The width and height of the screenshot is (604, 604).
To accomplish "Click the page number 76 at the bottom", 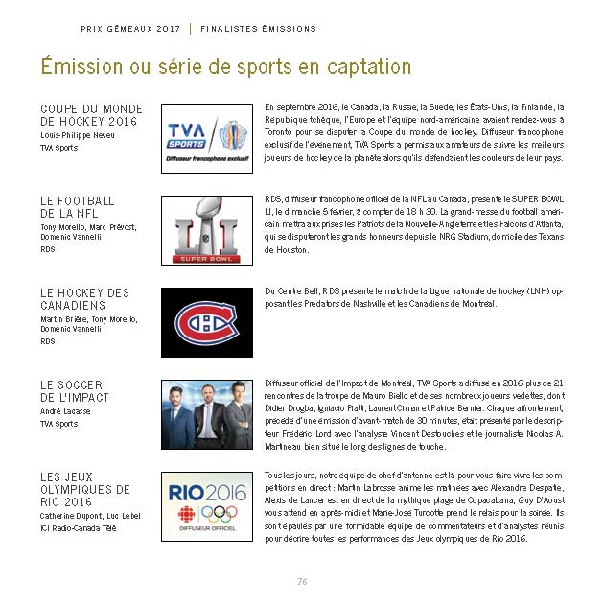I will (301, 581).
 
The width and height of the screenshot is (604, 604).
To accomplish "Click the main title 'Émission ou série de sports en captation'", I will (225, 67).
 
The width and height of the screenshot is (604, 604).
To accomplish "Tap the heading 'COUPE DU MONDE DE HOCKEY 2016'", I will (91, 115).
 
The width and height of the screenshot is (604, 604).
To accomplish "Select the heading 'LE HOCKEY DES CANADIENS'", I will (84, 299).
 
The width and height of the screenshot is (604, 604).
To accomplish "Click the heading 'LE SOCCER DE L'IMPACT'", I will (75, 391).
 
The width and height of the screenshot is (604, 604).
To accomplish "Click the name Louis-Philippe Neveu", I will (78, 135).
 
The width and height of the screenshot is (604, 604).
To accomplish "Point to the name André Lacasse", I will (64, 411).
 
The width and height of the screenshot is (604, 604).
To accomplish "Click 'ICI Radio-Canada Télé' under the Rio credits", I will (78, 527).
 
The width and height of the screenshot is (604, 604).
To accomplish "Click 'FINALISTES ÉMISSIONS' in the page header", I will (258, 29).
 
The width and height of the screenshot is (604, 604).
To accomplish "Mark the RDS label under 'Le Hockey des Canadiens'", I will (48, 341).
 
